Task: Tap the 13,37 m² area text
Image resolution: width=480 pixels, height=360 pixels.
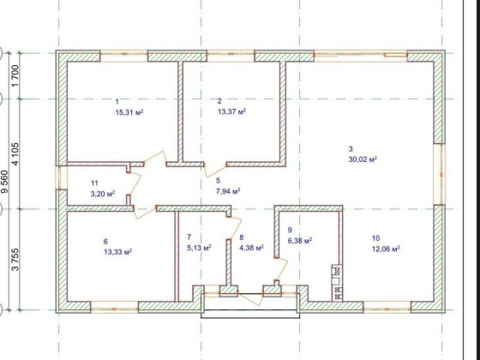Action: (x=231, y=111)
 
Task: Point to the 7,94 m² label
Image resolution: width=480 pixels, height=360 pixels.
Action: (x=227, y=191)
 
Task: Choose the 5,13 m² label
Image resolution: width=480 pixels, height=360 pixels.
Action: (x=198, y=248)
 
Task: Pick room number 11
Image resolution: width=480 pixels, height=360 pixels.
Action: (x=94, y=183)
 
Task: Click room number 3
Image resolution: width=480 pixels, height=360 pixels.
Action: (x=350, y=147)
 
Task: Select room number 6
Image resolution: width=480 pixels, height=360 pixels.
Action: (x=105, y=241)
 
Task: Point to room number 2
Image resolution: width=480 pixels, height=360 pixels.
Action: (x=219, y=101)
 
